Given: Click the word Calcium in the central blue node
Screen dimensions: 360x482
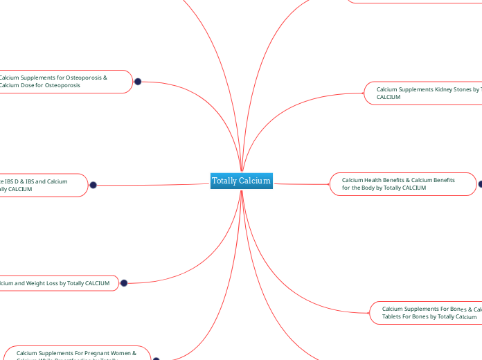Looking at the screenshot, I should [256, 181].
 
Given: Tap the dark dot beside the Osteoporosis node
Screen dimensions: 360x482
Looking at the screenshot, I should [138, 82].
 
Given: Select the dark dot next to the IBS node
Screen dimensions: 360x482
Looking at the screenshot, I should [93, 185].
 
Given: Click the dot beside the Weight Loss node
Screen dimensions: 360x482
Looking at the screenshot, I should [124, 282].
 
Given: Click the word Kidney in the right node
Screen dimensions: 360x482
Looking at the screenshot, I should [442, 89].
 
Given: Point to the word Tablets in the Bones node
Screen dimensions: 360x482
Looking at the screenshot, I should [394, 316].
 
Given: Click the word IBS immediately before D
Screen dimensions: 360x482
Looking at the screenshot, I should [12, 181].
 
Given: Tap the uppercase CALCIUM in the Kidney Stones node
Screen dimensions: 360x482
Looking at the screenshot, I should [389, 98].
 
